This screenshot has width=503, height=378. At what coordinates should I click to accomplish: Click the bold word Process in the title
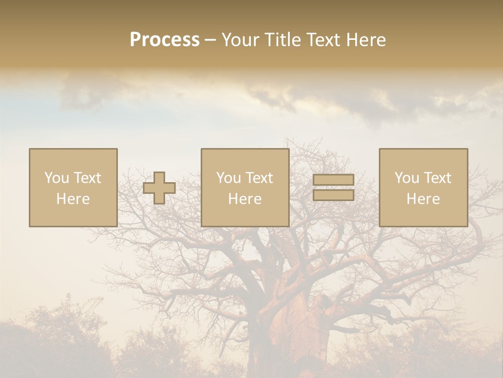165,40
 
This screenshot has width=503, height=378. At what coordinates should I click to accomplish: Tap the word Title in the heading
281,40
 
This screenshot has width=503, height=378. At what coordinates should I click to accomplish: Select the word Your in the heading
240,40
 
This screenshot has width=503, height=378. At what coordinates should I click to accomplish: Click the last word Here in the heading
366,40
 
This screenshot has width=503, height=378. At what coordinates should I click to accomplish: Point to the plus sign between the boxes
159,188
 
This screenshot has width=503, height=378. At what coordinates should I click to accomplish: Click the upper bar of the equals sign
334,180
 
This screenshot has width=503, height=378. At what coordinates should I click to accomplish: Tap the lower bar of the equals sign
334,195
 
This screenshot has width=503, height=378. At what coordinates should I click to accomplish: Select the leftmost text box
73,187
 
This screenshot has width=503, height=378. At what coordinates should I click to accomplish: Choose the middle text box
245,187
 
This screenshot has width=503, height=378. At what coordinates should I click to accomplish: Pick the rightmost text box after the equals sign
423,187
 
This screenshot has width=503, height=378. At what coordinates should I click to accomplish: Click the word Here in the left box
73,199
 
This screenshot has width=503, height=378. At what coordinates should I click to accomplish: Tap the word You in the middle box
228,178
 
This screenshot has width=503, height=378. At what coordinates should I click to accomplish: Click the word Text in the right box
438,178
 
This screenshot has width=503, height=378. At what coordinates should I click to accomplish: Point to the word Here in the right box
423,199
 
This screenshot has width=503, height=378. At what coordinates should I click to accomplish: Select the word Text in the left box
88,178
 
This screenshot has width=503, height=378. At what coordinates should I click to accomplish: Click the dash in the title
210,40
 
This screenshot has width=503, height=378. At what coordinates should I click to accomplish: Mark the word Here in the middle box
245,199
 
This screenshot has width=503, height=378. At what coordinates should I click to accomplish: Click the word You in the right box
407,178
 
